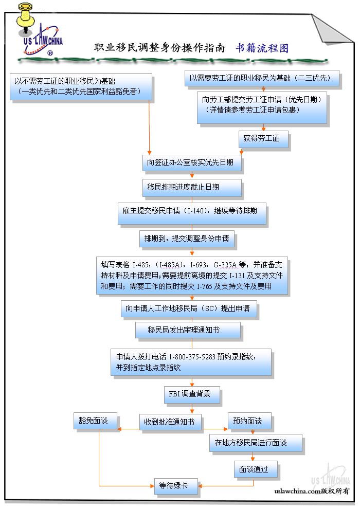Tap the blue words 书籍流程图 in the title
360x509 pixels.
point(262,48)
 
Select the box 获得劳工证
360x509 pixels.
point(263,139)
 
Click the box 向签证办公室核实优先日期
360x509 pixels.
point(191,163)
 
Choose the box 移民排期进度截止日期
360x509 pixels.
point(191,188)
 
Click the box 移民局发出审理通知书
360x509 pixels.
point(187,330)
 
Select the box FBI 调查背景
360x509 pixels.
point(191,394)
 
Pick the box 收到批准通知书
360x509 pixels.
point(170,422)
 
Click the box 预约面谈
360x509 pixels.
point(249,421)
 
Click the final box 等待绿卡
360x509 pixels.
point(175,485)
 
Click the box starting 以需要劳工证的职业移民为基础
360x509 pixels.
point(262,78)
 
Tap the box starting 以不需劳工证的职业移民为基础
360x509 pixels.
point(81,86)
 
